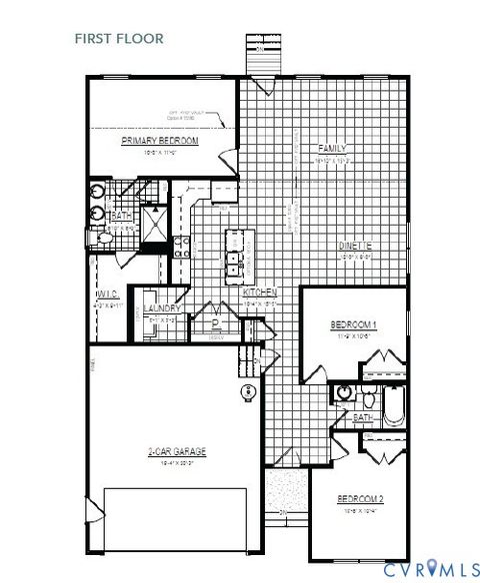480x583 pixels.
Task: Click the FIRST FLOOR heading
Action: [x=118, y=39]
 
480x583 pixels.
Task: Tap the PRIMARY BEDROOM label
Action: [x=161, y=142]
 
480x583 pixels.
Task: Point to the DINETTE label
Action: [x=355, y=246]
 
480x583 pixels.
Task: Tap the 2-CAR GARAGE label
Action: [x=175, y=452]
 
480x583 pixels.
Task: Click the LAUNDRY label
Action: [x=161, y=308]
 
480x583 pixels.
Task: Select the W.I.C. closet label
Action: [x=108, y=295]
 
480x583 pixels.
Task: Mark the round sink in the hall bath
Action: [x=344, y=392]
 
